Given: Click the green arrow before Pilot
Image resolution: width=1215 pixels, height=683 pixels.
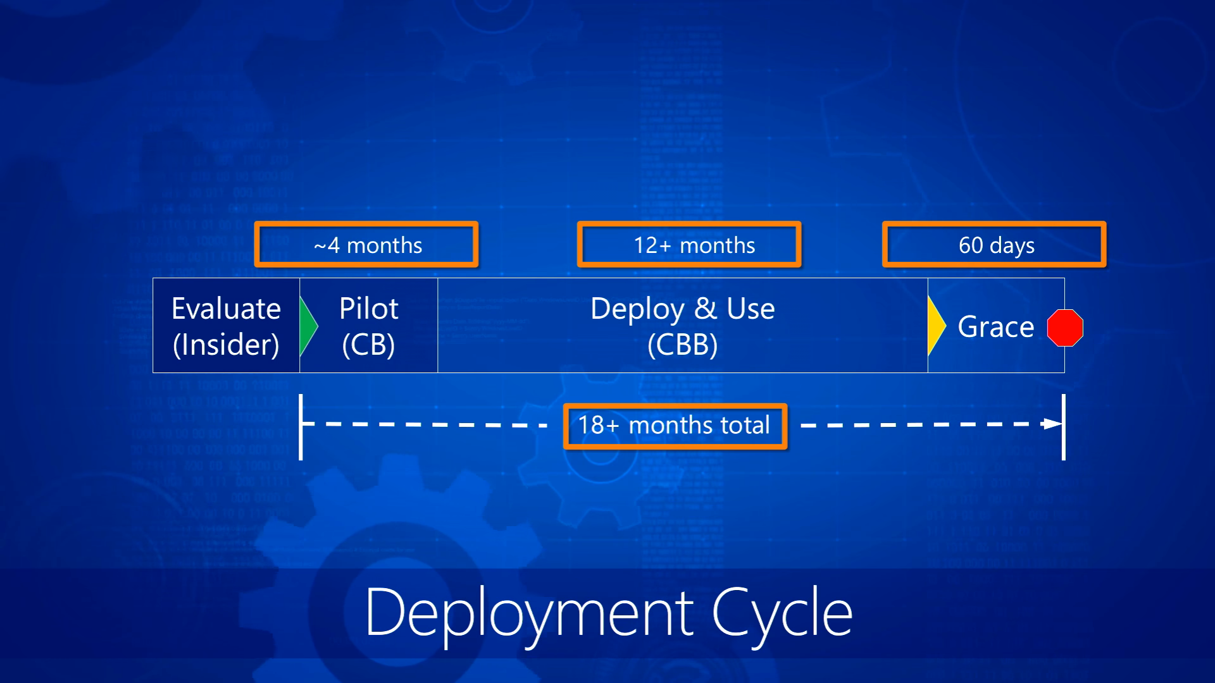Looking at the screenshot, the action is click(x=308, y=326).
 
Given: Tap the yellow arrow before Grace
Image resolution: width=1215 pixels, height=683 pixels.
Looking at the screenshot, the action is click(x=937, y=326).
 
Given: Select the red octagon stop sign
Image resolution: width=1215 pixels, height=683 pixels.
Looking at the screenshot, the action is click(x=1065, y=328).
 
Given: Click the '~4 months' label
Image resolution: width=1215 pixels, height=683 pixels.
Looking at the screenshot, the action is click(x=368, y=245).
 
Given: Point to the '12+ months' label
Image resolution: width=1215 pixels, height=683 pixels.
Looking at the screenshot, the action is click(x=694, y=245).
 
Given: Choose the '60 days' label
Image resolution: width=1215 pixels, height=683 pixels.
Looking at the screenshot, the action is click(x=997, y=245).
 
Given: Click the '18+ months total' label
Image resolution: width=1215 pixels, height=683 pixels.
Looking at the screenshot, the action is click(x=674, y=425).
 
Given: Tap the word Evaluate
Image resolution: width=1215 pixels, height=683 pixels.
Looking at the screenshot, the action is click(x=226, y=309).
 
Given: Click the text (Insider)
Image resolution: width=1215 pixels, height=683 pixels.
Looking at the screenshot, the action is click(x=226, y=345).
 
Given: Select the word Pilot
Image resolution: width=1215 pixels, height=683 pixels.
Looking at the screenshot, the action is click(x=368, y=309).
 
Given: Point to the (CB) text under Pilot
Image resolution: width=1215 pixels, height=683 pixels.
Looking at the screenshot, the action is click(x=368, y=345).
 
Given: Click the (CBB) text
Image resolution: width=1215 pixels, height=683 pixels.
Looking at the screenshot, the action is click(x=682, y=345).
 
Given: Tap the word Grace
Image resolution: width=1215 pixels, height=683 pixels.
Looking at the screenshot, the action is click(x=995, y=327).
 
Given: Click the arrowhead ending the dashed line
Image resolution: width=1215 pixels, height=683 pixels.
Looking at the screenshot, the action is click(x=1052, y=424).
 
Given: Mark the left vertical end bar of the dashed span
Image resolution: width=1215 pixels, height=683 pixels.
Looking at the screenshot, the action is click(x=301, y=427).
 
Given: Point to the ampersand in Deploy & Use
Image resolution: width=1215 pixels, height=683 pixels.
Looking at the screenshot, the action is click(x=705, y=309).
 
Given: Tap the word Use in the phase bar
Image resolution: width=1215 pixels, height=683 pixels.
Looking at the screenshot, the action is click(x=751, y=309).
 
